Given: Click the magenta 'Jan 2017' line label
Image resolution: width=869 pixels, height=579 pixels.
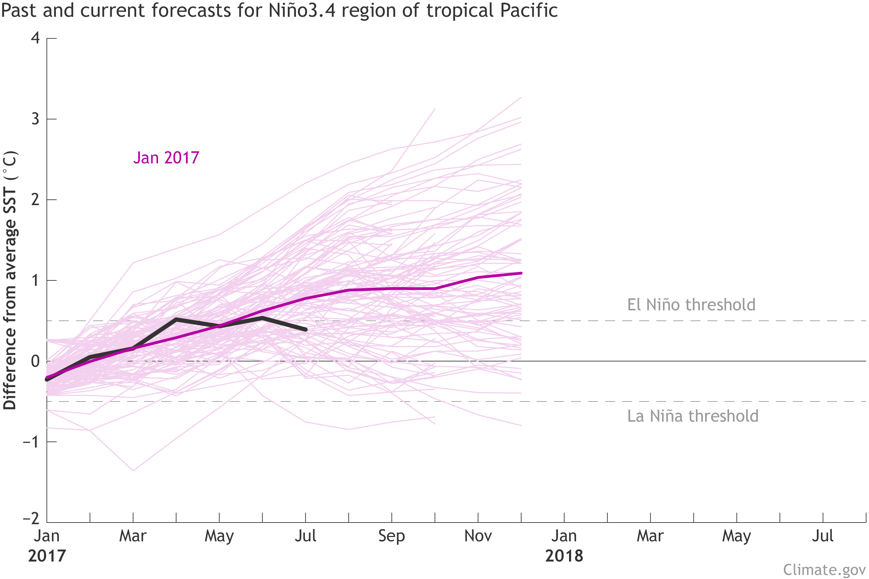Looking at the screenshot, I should click(166, 158).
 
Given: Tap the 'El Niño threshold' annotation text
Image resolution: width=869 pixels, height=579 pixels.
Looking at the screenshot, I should click(691, 305).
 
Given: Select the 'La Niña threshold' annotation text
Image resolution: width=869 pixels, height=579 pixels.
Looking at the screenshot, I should click(693, 416).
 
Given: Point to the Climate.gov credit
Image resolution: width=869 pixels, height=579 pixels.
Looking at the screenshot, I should click(824, 570).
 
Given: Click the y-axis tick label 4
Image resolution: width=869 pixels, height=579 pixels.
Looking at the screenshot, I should click(35, 38).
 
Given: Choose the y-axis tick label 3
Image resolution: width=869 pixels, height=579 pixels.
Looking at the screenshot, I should click(35, 119).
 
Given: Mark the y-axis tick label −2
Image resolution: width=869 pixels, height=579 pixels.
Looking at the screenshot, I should click(31, 519).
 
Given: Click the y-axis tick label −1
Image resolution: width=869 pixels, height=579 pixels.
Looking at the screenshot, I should click(31, 441).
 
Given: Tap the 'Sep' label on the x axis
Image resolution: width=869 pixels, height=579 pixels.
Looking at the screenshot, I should click(391, 536).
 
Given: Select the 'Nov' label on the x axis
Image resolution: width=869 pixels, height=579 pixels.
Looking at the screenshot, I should click(478, 536).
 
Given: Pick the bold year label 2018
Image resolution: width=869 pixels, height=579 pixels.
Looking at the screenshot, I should click(564, 556).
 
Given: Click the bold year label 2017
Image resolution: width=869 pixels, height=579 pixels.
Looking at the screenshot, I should click(47, 556).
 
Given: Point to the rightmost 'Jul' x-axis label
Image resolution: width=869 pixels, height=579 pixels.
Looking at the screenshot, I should click(823, 536).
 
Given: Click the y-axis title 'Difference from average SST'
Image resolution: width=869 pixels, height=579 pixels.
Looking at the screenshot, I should click(10, 281).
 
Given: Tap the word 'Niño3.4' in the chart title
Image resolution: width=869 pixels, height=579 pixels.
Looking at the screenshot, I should click(302, 10).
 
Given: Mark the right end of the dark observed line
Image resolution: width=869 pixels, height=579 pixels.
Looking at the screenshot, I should click(306, 330).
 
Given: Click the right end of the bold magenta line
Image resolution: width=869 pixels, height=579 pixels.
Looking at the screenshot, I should click(521, 273).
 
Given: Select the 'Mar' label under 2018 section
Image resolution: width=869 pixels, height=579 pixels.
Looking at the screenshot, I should click(650, 536).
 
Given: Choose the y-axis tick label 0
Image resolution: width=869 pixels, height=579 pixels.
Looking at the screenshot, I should click(35, 361).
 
